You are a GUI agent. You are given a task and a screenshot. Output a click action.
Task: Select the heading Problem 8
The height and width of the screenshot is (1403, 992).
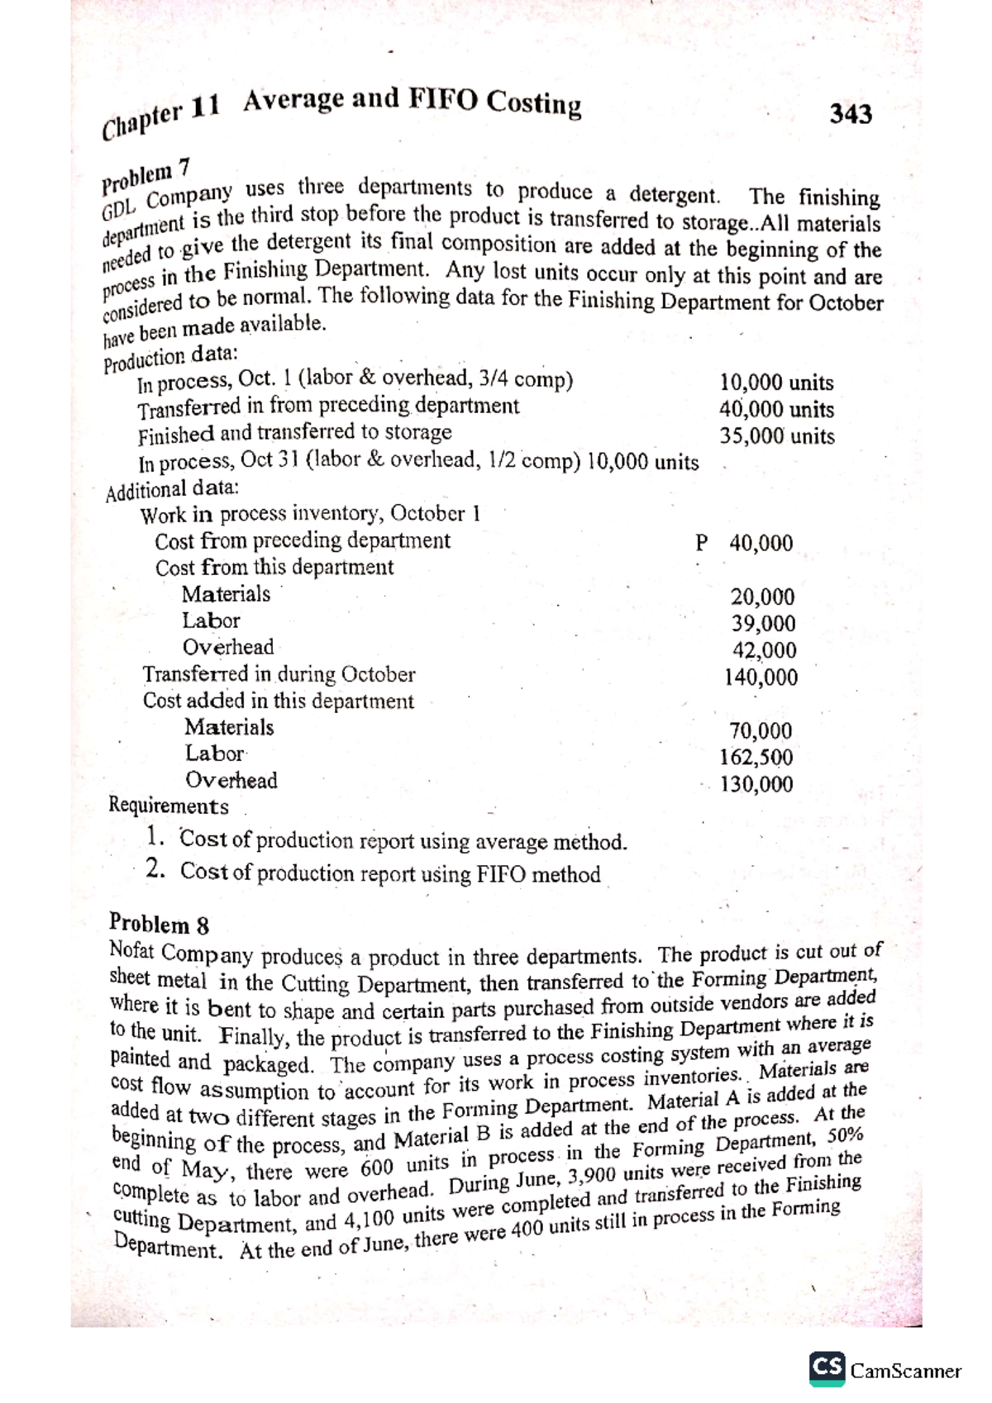click(159, 923)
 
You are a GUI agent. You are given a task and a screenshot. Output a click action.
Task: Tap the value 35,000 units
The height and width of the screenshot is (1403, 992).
click(776, 436)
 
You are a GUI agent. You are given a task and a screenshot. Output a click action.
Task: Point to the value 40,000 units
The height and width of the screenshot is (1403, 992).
click(776, 410)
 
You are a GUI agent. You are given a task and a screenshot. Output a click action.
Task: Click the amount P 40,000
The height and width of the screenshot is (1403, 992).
click(744, 543)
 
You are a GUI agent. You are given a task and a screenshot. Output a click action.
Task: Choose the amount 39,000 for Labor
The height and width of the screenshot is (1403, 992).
click(763, 623)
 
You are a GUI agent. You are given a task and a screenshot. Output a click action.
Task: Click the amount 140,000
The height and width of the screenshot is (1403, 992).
click(761, 678)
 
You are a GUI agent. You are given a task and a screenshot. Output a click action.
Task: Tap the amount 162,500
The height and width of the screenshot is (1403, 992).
click(756, 757)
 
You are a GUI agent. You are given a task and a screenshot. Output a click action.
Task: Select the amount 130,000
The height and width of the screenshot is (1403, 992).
click(756, 784)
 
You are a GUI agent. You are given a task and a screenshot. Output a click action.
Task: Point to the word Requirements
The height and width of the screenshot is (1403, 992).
click(169, 806)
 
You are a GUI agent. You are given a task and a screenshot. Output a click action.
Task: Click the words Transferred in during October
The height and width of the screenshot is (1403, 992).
click(279, 674)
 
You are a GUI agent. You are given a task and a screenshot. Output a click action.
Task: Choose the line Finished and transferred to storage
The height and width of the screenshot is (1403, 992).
click(294, 433)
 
